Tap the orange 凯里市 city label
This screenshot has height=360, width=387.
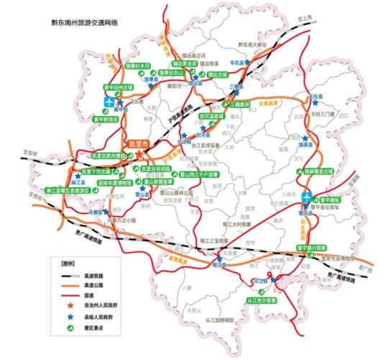coord(137,145)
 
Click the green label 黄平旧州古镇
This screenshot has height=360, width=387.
coord(119,86)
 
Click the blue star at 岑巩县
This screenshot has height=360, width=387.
coord(247,63)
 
